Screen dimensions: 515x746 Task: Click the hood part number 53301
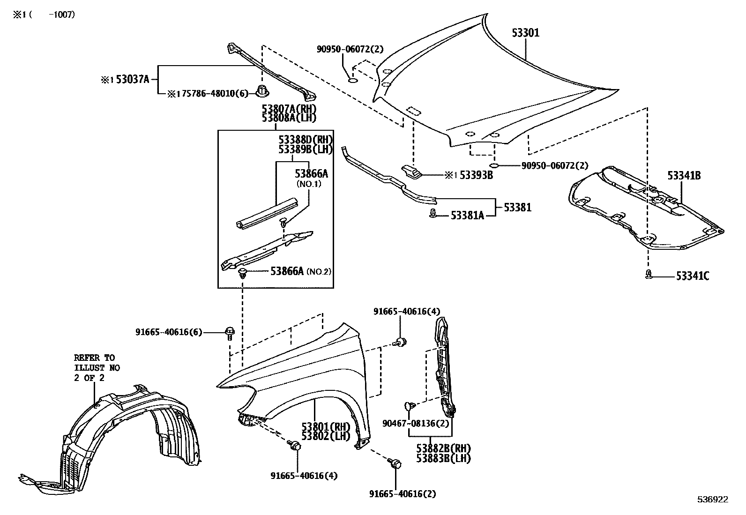pyautogui.click(x=525, y=33)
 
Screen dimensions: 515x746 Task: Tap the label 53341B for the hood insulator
pyautogui.click(x=684, y=176)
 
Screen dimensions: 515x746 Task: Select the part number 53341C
pyautogui.click(x=692, y=276)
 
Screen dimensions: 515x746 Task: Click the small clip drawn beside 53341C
pyautogui.click(x=649, y=275)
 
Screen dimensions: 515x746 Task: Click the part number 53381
pyautogui.click(x=517, y=207)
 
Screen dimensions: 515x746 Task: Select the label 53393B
pyautogui.click(x=476, y=175)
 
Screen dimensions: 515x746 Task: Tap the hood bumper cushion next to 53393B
pyautogui.click(x=411, y=172)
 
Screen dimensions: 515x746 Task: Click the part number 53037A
pyautogui.click(x=132, y=80)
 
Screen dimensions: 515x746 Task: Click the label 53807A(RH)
pyautogui.click(x=289, y=109)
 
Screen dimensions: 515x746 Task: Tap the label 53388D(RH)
pyautogui.click(x=305, y=140)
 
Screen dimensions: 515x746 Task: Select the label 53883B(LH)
pyautogui.click(x=443, y=458)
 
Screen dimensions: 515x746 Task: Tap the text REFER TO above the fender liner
pyautogui.click(x=94, y=358)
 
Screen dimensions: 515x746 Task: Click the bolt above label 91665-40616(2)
pyautogui.click(x=395, y=464)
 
